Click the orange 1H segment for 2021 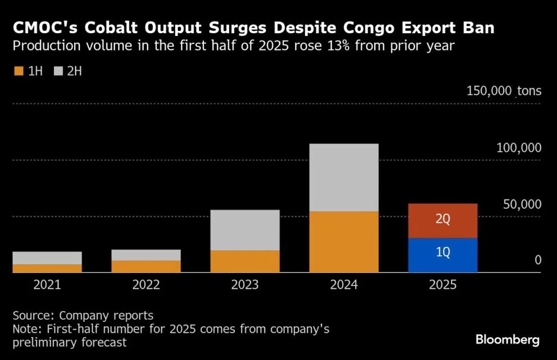pyautogui.click(x=47, y=268)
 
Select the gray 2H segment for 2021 pyautogui.click(x=47, y=258)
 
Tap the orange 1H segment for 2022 pyautogui.click(x=146, y=266)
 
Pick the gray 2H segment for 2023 pyautogui.click(x=245, y=230)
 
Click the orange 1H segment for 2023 pyautogui.click(x=245, y=261)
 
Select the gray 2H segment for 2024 pyautogui.click(x=344, y=177)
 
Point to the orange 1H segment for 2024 pyautogui.click(x=344, y=241)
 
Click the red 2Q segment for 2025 pyautogui.click(x=443, y=221)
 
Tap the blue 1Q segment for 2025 pyautogui.click(x=443, y=255)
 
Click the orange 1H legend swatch pyautogui.click(x=18, y=71)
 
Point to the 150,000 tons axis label pyautogui.click(x=504, y=91)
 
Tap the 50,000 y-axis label pyautogui.click(x=522, y=204)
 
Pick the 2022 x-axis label pyautogui.click(x=146, y=285)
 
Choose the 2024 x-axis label pyautogui.click(x=344, y=285)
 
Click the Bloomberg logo pyautogui.click(x=508, y=340)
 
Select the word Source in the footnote pyautogui.click(x=33, y=315)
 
